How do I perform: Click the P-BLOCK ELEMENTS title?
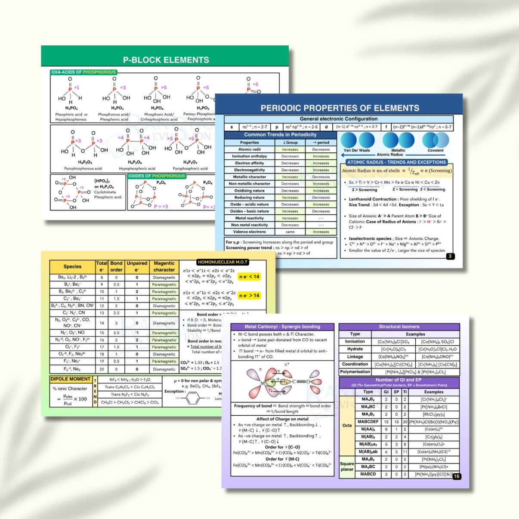(166, 60)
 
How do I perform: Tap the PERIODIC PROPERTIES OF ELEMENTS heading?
(340, 108)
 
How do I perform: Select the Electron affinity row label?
(249, 163)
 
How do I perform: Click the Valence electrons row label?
(249, 232)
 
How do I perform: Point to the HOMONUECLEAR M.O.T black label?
(222, 262)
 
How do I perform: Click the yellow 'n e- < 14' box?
(249, 277)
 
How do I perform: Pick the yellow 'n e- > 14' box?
(249, 296)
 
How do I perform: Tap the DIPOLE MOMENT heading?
(71, 379)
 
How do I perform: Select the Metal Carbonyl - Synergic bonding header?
(282, 327)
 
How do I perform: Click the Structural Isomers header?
(399, 327)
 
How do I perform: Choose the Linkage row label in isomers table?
(355, 357)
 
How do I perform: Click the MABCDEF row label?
(368, 422)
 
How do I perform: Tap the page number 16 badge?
(457, 476)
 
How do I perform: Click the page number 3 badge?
(450, 256)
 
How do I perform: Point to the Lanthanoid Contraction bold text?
(373, 199)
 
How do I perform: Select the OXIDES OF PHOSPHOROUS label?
(157, 176)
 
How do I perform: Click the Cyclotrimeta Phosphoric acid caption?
(108, 195)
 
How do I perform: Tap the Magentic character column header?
(164, 266)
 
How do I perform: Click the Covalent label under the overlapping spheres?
(436, 151)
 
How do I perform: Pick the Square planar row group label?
(347, 466)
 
